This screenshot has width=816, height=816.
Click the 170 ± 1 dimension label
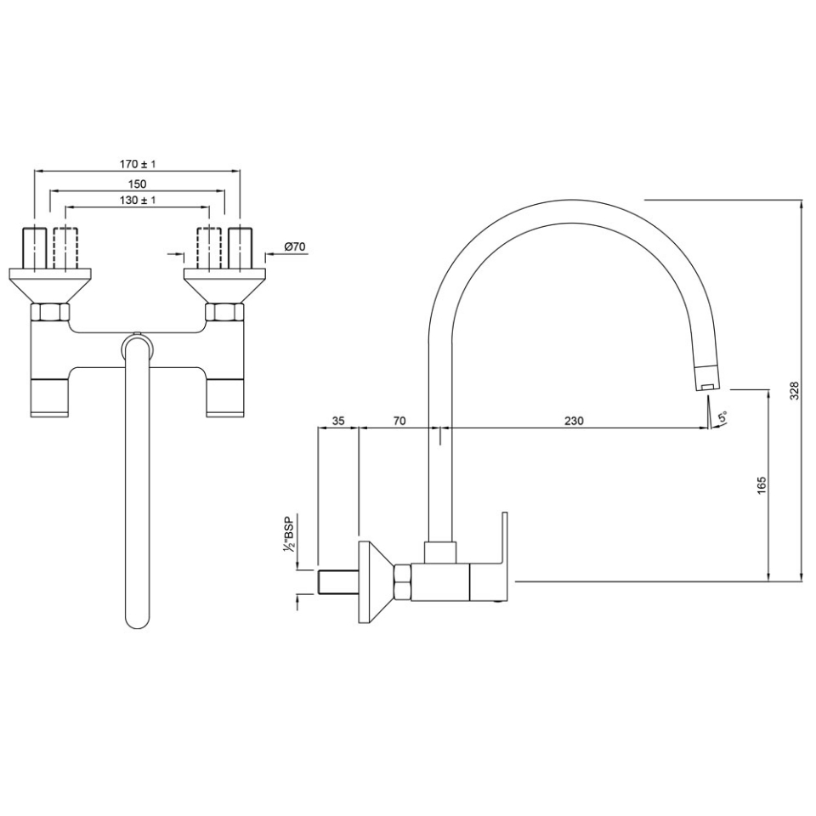pyautogui.click(x=138, y=163)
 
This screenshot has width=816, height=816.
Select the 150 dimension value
pyautogui.click(x=138, y=183)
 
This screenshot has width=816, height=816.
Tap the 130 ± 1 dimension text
pyautogui.click(x=138, y=200)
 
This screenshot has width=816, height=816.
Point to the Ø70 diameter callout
pyautogui.click(x=294, y=246)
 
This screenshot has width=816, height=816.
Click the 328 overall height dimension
pyautogui.click(x=796, y=390)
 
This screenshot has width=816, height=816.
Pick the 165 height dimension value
pyautogui.click(x=762, y=484)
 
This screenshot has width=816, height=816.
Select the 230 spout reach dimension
pyautogui.click(x=575, y=421)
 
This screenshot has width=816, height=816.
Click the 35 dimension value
pyautogui.click(x=337, y=421)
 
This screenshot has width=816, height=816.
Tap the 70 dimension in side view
pyautogui.click(x=399, y=421)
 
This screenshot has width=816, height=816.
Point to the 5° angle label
pyautogui.click(x=722, y=417)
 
